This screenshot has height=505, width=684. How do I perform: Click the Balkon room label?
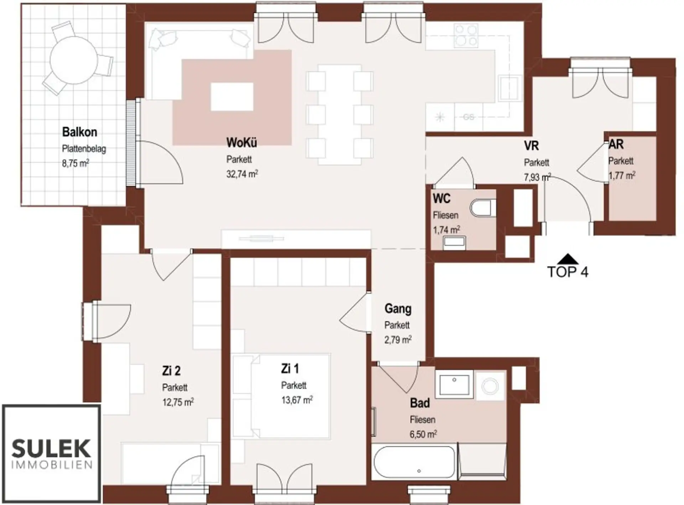79,132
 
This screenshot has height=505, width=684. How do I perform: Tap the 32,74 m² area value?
242,174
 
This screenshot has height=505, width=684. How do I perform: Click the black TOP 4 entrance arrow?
568,258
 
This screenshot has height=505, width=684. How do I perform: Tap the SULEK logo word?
51,448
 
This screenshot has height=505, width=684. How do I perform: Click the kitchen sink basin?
509,88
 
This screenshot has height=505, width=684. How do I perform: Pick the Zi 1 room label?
290,368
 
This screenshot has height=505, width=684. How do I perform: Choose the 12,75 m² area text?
178,402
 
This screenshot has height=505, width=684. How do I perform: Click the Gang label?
398,309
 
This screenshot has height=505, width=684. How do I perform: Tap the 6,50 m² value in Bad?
423,434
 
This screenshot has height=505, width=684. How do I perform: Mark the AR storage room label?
616,144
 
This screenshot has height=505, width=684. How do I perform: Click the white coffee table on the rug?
232,97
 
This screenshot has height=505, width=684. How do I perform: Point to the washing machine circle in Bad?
490,386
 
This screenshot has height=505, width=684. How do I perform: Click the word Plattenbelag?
84,149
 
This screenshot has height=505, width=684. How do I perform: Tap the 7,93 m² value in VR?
537,177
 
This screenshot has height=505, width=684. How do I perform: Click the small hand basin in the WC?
454,242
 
